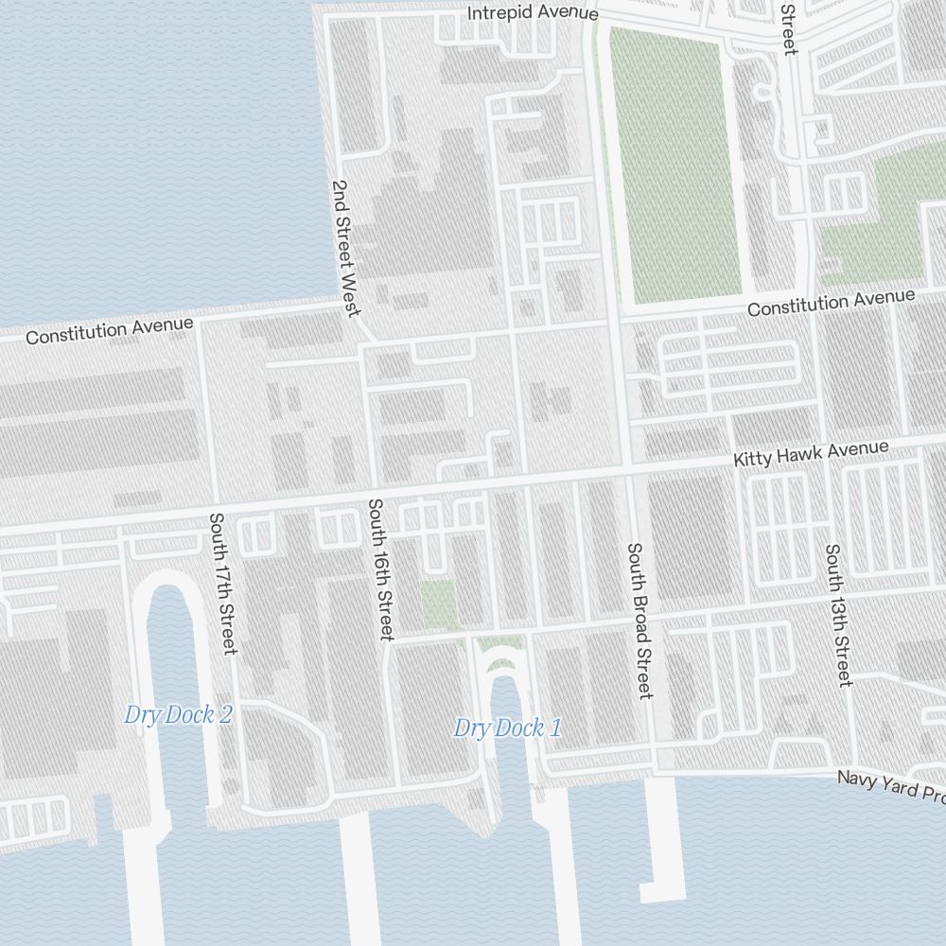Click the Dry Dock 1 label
pos(507,728)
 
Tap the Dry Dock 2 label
pos(178,715)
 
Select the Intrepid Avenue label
pos(534,12)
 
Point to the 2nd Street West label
pos(346,249)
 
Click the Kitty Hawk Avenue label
pos(812,453)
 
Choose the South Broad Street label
pos(640,621)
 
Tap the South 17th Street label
pos(222,583)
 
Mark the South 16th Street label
pos(380,569)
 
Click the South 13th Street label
pos(838,615)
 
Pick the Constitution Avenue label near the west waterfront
pos(110,331)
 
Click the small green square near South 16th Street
pos(438,604)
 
